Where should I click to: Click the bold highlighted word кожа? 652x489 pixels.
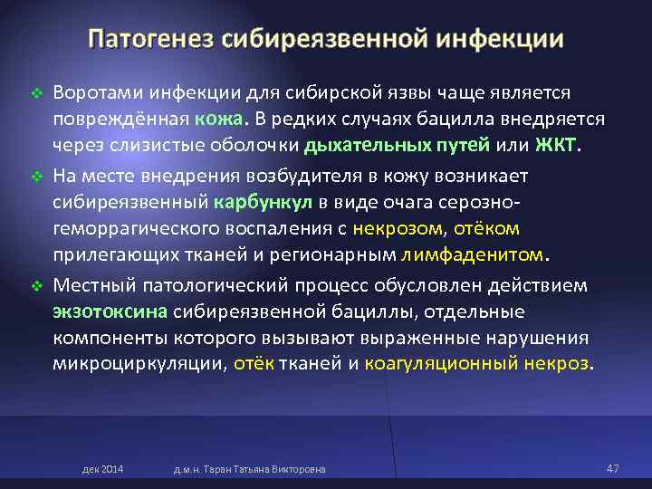point(217,120)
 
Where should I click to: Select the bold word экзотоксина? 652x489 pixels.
point(110,312)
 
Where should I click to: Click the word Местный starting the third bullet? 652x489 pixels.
point(91,285)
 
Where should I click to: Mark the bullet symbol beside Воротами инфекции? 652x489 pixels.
point(37,93)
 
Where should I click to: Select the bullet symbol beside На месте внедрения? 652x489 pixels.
point(37,174)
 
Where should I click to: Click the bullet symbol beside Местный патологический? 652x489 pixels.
point(37,286)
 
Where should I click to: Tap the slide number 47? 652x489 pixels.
point(612,468)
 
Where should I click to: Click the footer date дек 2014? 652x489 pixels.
point(103,469)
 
